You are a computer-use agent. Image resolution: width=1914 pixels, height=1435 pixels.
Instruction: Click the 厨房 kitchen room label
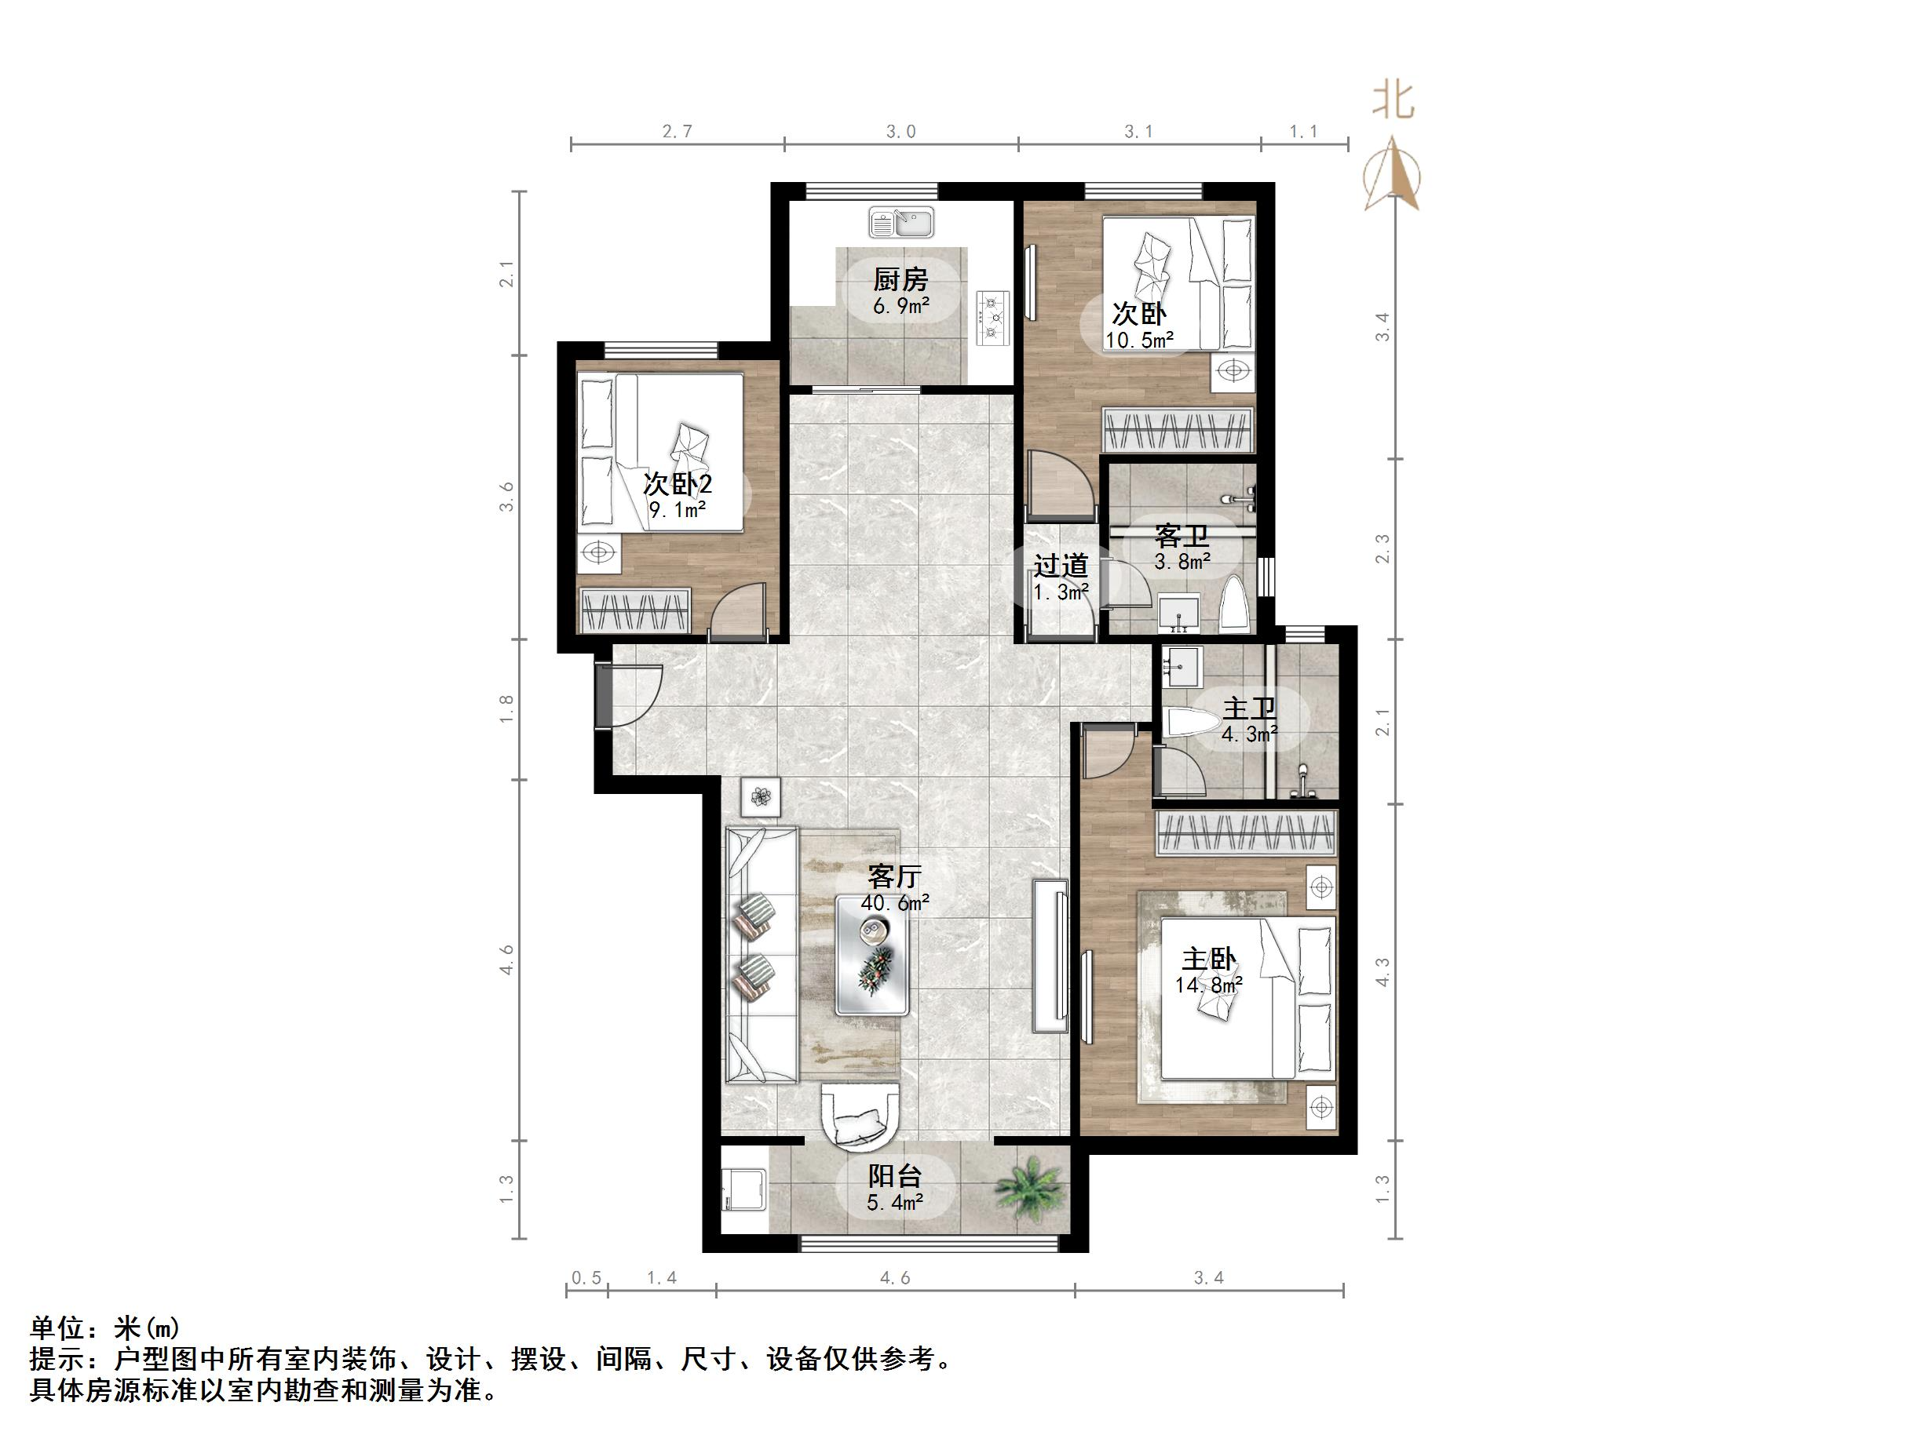tap(900, 279)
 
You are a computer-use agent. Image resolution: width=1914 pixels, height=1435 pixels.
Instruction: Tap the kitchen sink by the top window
tap(900, 223)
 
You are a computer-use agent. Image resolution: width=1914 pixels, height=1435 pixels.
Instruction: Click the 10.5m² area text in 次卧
tap(1138, 340)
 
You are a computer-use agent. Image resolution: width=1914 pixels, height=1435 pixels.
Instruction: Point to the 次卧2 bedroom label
tap(677, 483)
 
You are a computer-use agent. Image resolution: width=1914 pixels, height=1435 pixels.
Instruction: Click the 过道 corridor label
tap(1061, 566)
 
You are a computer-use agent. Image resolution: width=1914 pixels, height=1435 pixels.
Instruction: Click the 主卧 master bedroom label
tap(1209, 960)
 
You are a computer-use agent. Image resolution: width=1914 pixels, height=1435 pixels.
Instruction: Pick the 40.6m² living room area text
tap(895, 903)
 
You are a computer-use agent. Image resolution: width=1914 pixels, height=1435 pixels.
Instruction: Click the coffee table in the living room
tap(872, 955)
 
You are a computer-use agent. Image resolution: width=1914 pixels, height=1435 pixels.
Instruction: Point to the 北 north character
tap(1393, 102)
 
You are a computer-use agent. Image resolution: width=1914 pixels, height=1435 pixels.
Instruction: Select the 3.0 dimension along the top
tap(900, 132)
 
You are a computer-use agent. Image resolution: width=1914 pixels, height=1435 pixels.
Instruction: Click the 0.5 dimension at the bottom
tap(586, 1277)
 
